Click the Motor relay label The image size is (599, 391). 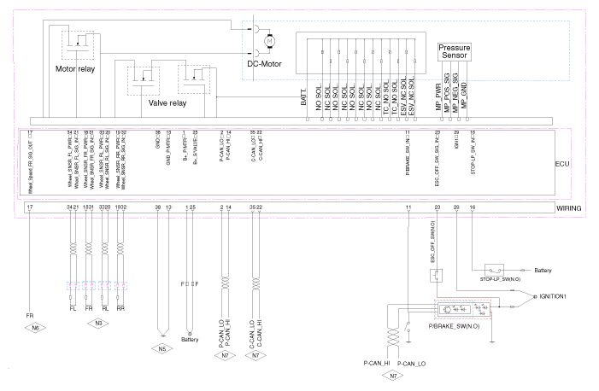pos(76,68)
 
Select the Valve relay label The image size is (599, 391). pos(168,103)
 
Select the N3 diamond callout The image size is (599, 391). pos(99,324)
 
